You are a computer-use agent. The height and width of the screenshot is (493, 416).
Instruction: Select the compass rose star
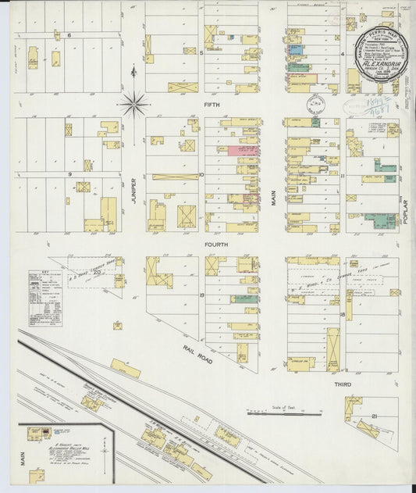click(x=135, y=102)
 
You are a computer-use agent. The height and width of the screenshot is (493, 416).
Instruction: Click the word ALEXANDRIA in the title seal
click(x=382, y=57)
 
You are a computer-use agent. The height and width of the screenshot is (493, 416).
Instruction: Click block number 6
click(x=69, y=36)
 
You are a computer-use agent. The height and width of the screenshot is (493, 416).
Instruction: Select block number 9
click(x=69, y=174)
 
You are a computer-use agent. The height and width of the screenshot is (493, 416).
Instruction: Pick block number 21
click(x=375, y=416)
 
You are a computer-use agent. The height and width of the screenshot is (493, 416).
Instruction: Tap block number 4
click(x=343, y=54)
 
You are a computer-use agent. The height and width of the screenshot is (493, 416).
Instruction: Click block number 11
click(x=342, y=175)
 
